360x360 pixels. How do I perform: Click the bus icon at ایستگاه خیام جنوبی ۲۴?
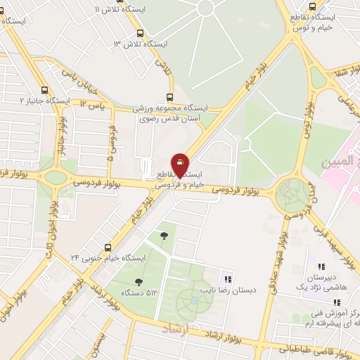108,247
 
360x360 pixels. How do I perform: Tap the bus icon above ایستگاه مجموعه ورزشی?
169,97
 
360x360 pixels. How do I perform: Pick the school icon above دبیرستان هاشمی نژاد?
321,266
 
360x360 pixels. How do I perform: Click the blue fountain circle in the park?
193,300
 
